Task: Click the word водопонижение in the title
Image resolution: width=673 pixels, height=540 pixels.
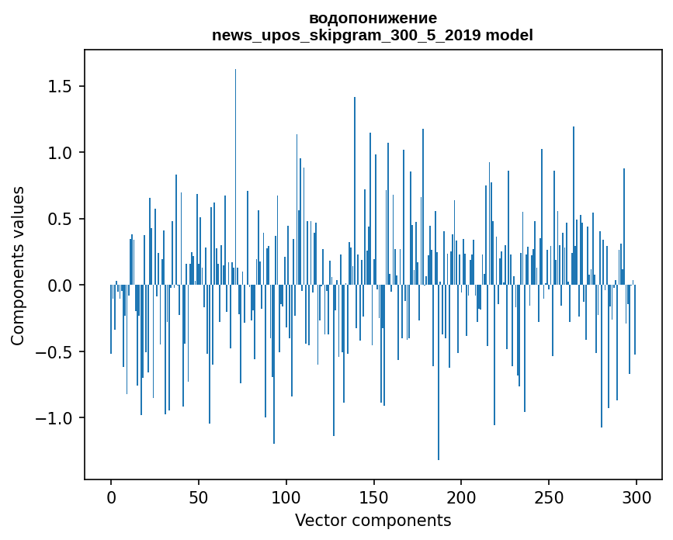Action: (x=373, y=18)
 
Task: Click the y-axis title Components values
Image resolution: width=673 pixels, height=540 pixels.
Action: (x=18, y=265)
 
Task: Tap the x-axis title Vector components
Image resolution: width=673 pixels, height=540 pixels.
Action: (x=373, y=520)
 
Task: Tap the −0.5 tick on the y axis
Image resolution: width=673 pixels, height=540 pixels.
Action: (x=59, y=352)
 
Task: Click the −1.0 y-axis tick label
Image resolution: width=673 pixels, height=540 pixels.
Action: (x=59, y=419)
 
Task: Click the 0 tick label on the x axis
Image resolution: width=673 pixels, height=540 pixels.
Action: (x=111, y=497)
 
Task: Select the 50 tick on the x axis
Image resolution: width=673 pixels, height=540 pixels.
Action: (x=199, y=497)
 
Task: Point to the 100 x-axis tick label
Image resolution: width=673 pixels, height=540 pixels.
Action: (x=286, y=497)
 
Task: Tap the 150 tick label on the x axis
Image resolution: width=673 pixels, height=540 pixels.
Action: (x=374, y=497)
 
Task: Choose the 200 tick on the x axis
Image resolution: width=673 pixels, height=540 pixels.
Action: (x=462, y=497)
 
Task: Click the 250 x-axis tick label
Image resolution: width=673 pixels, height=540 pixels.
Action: (x=550, y=497)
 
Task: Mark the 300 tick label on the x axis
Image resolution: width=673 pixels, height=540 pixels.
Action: (x=637, y=497)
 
